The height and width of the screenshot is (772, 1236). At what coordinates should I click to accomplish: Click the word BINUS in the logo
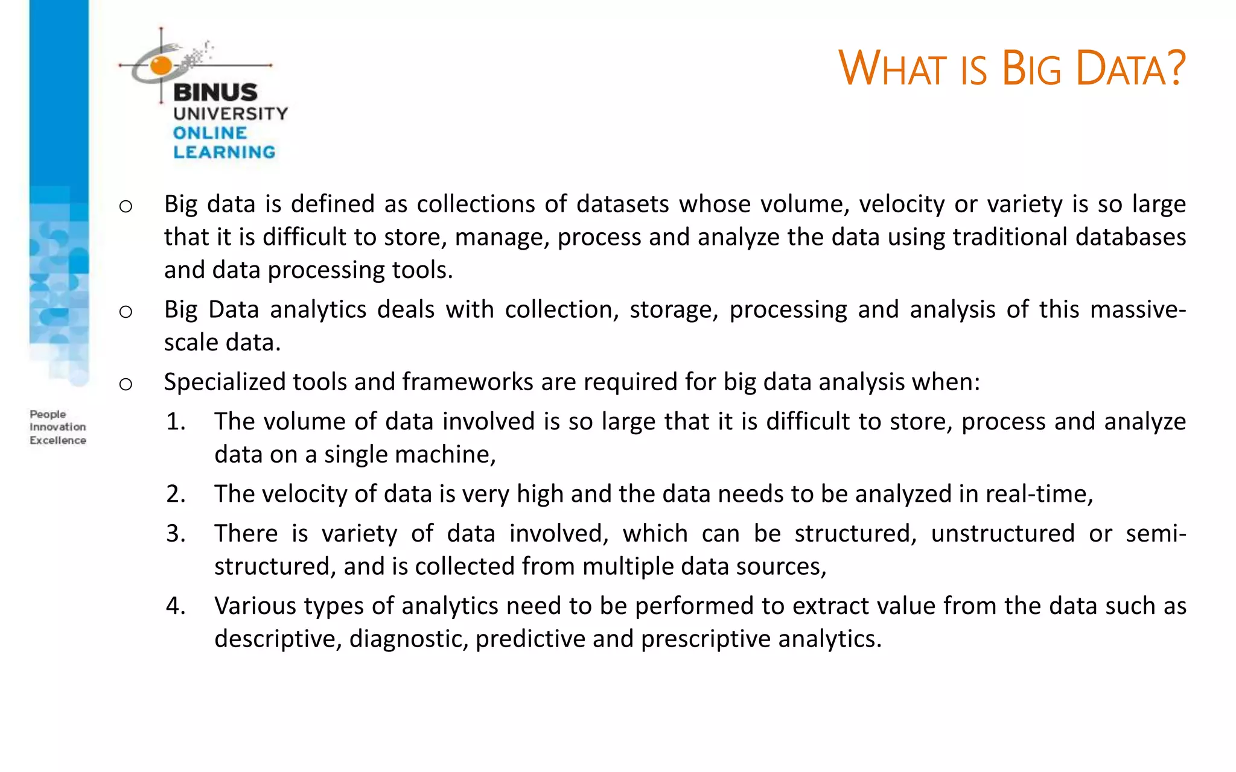click(215, 93)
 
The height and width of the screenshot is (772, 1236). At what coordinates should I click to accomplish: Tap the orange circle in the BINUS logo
click(161, 65)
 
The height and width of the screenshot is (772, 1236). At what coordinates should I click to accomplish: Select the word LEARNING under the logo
click(224, 152)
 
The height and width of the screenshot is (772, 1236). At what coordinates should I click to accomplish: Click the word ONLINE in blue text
click(210, 133)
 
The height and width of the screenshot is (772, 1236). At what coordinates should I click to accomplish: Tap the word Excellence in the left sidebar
click(58, 440)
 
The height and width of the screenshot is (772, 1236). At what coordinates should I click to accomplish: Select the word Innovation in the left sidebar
click(58, 427)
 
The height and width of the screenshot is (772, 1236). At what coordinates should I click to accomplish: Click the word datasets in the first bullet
click(622, 204)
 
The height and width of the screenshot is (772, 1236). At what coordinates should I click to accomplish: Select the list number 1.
click(176, 422)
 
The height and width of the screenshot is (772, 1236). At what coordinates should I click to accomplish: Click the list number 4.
click(176, 606)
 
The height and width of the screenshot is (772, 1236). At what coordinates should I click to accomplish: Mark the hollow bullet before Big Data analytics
click(126, 312)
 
